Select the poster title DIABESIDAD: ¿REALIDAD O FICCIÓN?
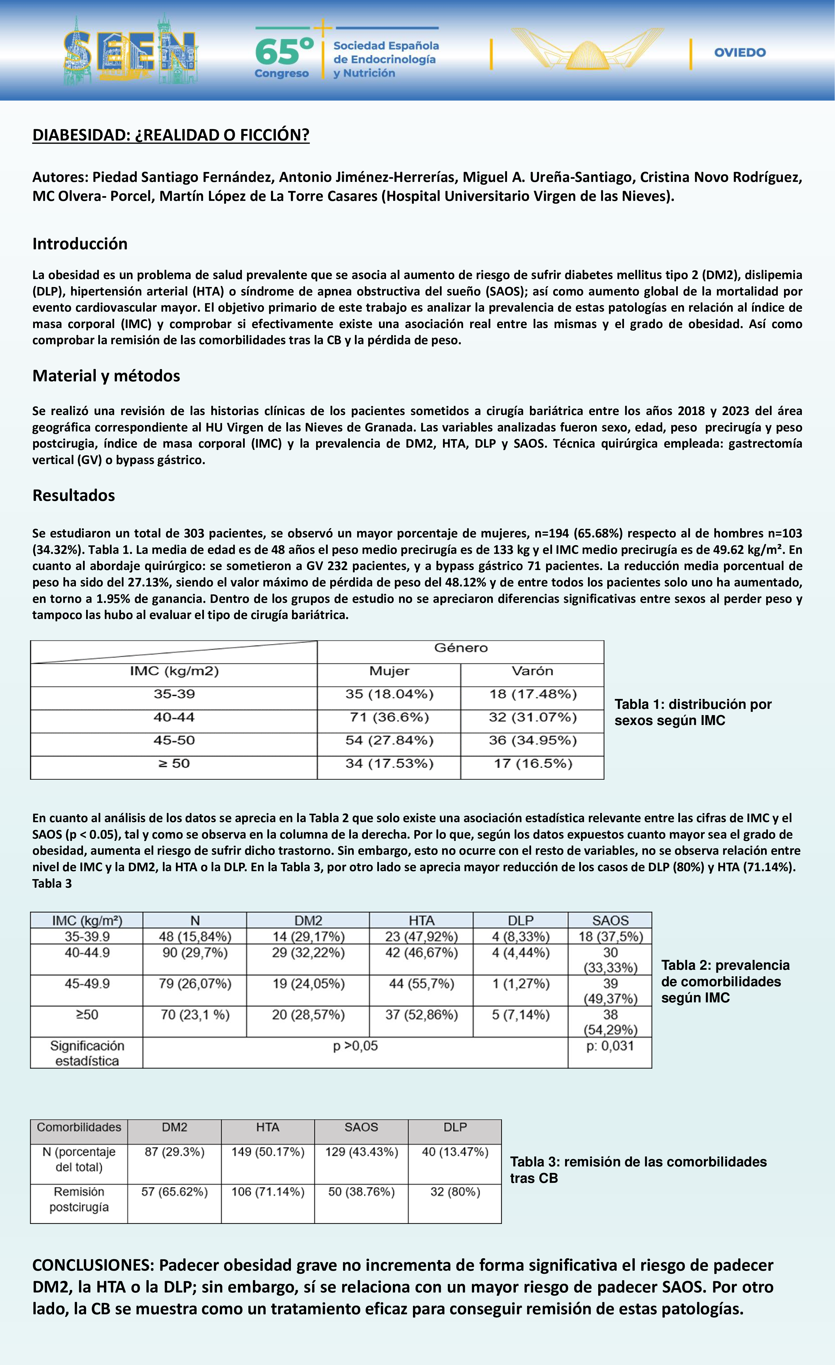tap(171, 135)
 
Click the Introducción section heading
tap(80, 244)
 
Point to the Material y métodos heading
tap(106, 376)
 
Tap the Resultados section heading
tap(74, 495)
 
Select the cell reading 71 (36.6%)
tap(389, 717)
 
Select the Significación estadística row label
tap(87, 1053)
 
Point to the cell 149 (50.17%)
tap(268, 1152)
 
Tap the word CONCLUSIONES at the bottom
tap(92, 1265)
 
